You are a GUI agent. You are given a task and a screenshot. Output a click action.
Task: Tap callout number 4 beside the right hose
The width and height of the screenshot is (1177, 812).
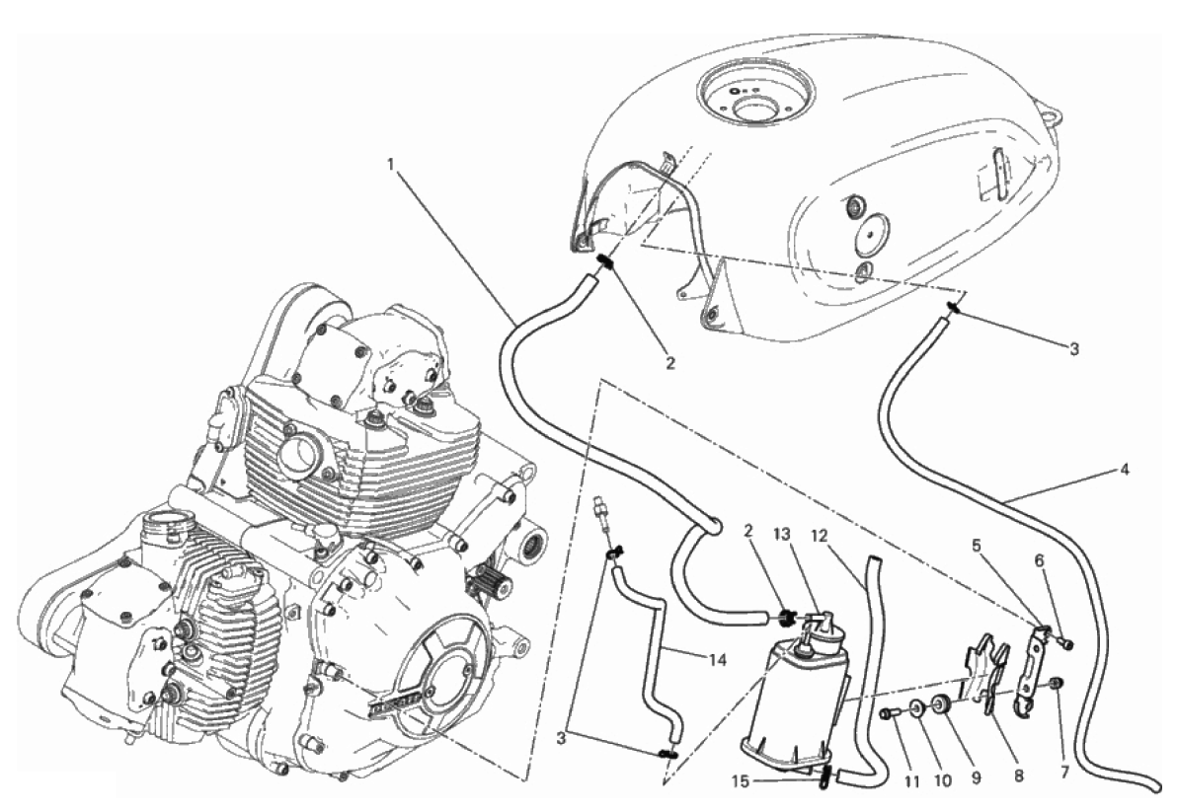pos(1125,469)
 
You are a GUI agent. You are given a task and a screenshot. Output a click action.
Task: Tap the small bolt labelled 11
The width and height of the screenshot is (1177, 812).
pos(893,711)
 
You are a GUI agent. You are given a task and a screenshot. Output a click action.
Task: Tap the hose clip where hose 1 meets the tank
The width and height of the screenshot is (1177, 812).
pos(607,263)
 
